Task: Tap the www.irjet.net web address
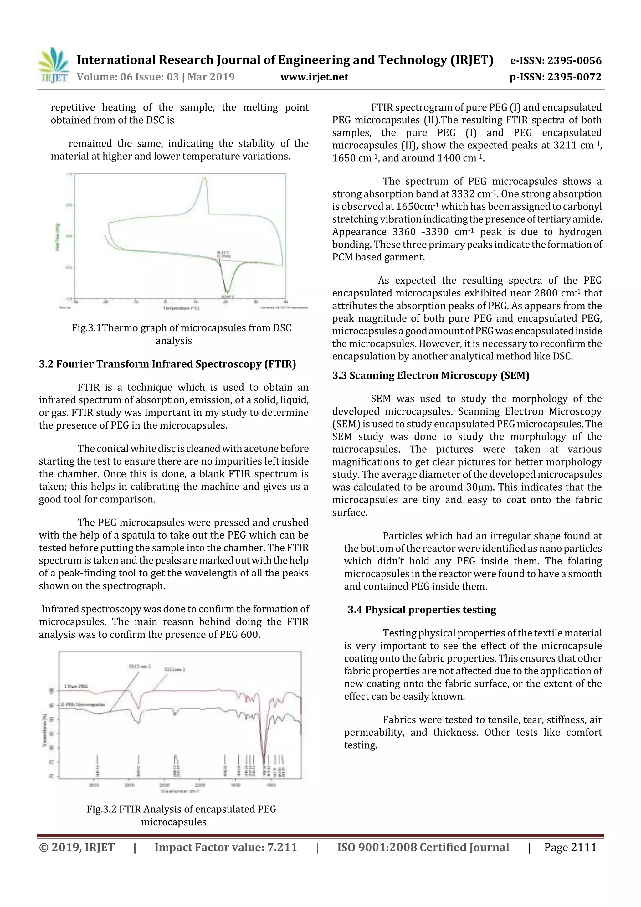coord(314,77)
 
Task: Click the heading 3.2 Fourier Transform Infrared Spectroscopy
coord(167,364)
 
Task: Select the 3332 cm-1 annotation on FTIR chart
coord(137,666)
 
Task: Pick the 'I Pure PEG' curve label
coord(75,687)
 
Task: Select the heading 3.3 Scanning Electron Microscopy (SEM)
coord(430,375)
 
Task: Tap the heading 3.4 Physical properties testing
coord(422,610)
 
